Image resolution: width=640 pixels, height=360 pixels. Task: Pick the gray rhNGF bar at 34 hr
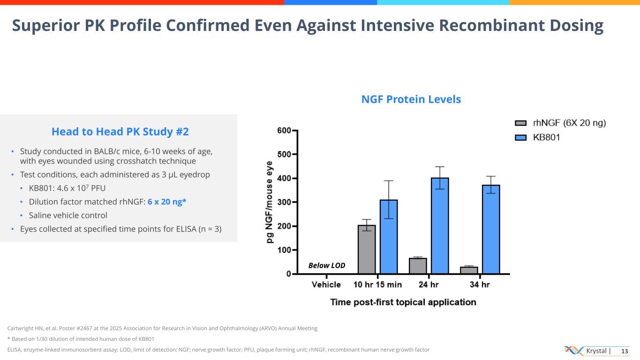tap(469, 270)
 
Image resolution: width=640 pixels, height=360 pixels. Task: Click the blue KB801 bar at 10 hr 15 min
tap(389, 237)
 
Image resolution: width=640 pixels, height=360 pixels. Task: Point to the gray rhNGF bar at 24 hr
tap(418, 266)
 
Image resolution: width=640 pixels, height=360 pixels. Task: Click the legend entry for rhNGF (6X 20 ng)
tap(560, 123)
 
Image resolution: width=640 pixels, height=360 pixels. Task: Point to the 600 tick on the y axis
tap(284, 130)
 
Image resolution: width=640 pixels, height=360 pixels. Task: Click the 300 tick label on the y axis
tap(284, 202)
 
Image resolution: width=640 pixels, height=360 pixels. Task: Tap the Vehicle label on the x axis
tap(326, 285)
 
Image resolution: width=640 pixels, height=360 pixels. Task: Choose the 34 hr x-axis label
tap(480, 285)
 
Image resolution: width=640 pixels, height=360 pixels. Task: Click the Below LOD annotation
tap(327, 265)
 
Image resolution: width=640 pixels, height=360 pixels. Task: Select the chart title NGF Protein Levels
tap(411, 99)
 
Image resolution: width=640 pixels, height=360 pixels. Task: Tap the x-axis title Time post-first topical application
tap(403, 302)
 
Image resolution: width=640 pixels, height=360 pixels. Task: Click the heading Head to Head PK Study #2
tap(120, 132)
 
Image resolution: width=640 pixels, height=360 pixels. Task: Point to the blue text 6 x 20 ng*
tap(167, 202)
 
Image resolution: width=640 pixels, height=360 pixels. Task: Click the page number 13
tap(624, 351)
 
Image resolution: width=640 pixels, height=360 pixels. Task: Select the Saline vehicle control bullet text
tap(68, 216)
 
